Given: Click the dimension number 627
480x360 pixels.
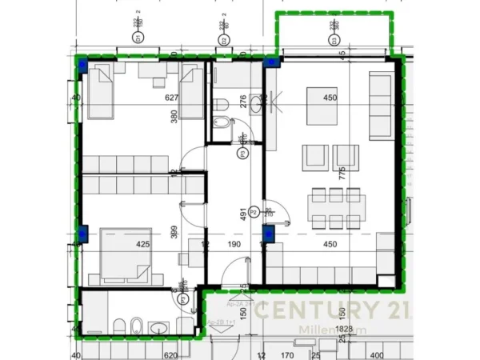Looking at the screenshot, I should pyautogui.click(x=170, y=98).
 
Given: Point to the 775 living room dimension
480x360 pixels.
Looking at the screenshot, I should pyautogui.click(x=341, y=174).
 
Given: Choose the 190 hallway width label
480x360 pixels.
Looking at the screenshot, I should pyautogui.click(x=235, y=244).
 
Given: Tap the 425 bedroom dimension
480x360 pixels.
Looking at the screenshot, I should pyautogui.click(x=143, y=244).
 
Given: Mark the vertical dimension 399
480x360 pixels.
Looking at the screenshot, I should pyautogui.click(x=172, y=233).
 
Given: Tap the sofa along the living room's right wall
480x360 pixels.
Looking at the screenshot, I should pyautogui.click(x=379, y=105).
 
